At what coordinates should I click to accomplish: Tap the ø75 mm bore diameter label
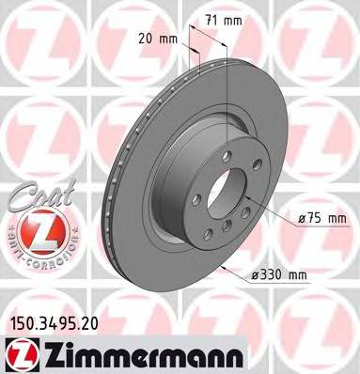(x=321, y=218)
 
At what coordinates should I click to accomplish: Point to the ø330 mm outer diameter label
(x=282, y=276)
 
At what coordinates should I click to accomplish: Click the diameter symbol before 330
(x=257, y=276)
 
